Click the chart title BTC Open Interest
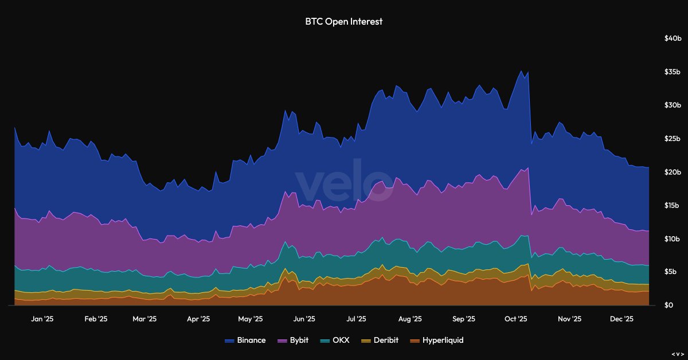click(343, 22)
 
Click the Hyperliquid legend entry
click(437, 340)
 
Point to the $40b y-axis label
click(672, 38)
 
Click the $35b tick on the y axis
click(672, 72)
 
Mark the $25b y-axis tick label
click(672, 139)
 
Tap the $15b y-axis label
click(672, 205)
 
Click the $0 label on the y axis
click(669, 305)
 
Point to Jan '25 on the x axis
click(42, 319)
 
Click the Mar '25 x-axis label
click(144, 319)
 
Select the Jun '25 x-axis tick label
click(303, 319)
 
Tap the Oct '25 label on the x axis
click(516, 319)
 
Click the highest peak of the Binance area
click(521, 71)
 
